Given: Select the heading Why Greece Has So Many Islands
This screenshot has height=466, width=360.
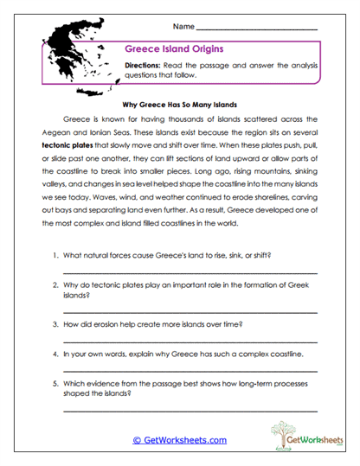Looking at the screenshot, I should pyautogui.click(x=180, y=101).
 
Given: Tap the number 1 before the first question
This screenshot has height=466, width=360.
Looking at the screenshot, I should pyautogui.click(x=55, y=257).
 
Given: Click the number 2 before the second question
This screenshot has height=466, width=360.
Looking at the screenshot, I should pyautogui.click(x=55, y=284).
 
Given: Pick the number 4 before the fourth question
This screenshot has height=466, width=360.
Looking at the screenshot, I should pyautogui.click(x=55, y=354).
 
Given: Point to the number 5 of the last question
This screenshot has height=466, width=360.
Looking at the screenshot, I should pyautogui.click(x=55, y=382).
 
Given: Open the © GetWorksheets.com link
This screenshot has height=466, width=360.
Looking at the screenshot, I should pyautogui.click(x=179, y=440).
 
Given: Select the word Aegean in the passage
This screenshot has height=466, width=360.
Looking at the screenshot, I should pyautogui.click(x=52, y=136).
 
